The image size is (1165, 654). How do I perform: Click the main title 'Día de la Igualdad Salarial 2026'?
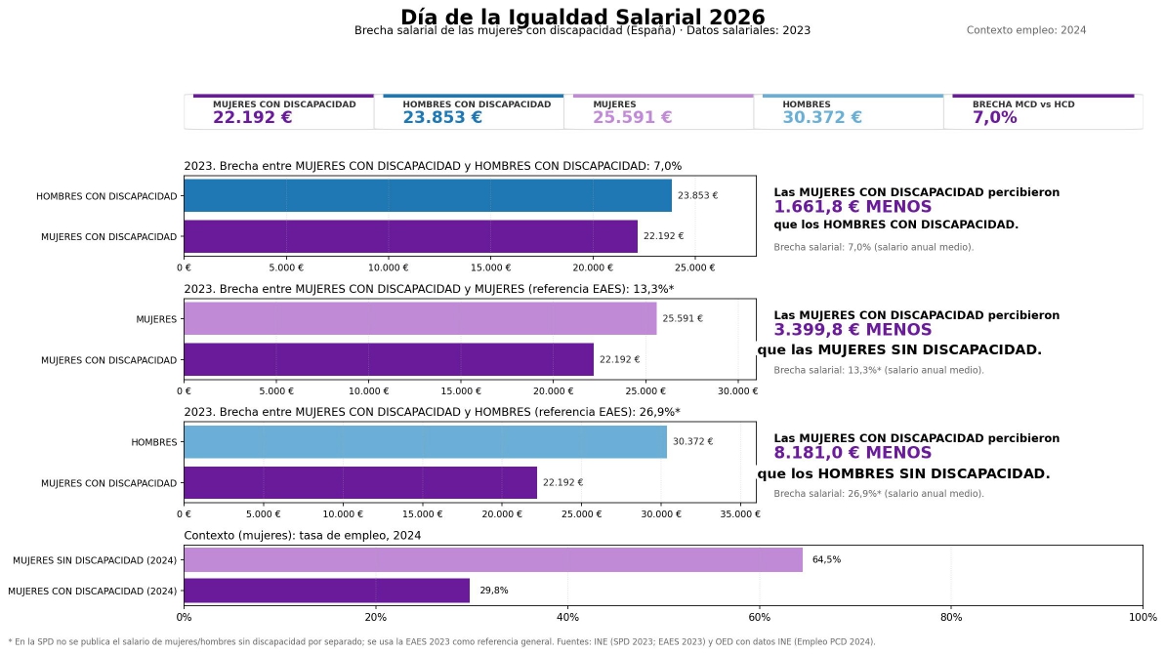[x=582, y=17]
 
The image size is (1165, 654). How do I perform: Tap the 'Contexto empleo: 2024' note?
[x=1025, y=30]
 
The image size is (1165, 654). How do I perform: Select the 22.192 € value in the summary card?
[x=252, y=117]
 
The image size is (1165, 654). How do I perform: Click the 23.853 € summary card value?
[x=442, y=117]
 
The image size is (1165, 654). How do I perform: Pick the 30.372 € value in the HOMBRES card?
[x=821, y=117]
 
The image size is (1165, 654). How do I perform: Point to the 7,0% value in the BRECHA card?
[x=994, y=117]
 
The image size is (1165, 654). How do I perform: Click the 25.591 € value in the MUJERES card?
[x=632, y=117]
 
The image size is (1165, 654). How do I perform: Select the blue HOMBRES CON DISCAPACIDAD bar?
[x=427, y=195]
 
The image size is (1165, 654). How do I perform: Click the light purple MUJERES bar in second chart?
[x=420, y=318]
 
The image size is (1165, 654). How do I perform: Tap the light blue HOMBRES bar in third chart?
[x=425, y=441]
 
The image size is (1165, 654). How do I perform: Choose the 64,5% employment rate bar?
[x=492, y=559]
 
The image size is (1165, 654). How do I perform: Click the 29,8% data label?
[x=493, y=591]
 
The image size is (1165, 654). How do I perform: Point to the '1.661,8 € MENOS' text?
[x=853, y=207]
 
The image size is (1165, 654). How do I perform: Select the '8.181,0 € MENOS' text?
[x=853, y=453]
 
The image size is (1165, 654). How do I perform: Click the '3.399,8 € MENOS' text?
[x=853, y=330]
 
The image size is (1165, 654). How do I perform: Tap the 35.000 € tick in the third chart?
[x=740, y=513]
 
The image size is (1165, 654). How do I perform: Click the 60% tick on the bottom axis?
[x=759, y=617]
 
